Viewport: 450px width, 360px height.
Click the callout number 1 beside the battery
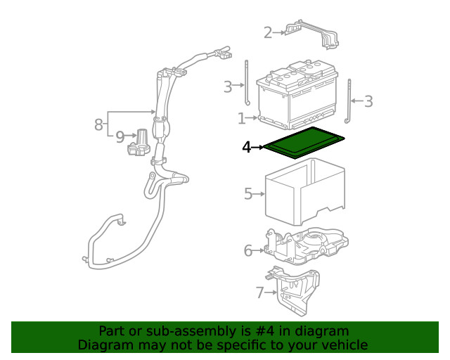tap(242, 118)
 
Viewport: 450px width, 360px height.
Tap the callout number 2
tap(268, 33)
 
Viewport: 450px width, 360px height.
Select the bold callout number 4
tap(247, 147)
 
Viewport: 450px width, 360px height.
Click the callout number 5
tap(248, 194)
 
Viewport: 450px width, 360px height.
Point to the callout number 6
tap(248, 250)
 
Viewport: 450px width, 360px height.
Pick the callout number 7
tap(259, 292)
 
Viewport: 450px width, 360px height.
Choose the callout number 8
tap(98, 124)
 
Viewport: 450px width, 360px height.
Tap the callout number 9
tap(120, 137)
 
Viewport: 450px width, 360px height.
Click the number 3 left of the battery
tap(228, 86)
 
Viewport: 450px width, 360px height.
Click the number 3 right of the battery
tap(368, 101)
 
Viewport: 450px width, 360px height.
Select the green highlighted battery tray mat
tap(304, 143)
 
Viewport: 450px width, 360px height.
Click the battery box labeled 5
tap(305, 191)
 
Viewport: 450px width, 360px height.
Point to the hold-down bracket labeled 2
tap(312, 34)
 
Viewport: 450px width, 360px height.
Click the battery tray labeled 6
tap(307, 245)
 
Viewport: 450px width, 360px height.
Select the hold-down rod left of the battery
tap(247, 83)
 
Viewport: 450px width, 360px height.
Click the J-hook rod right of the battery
tap(349, 101)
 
